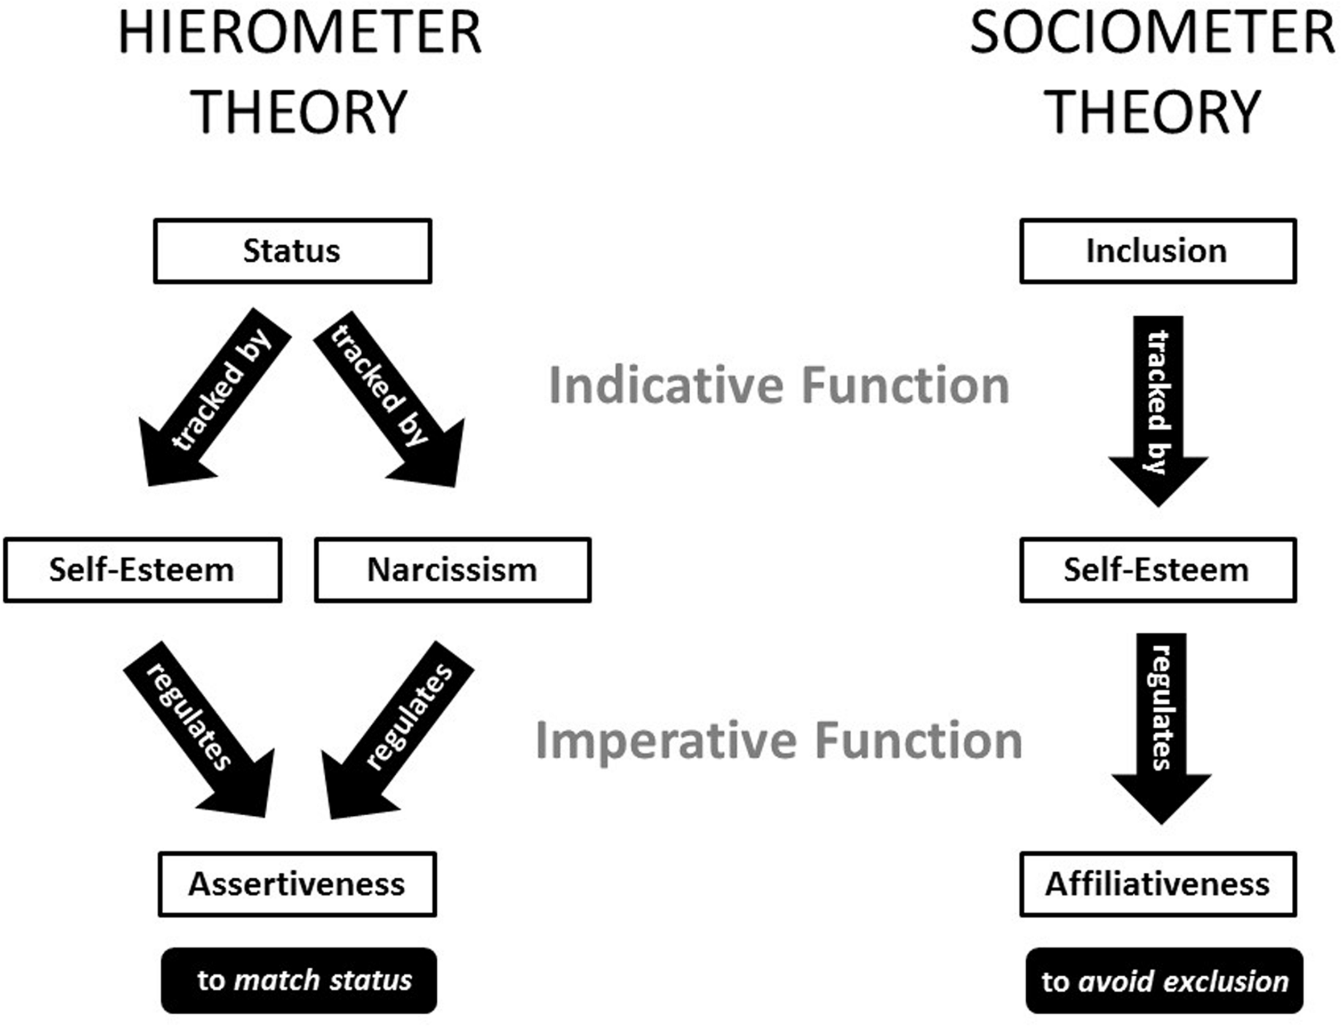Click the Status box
coord(292,251)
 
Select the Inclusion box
coord(1157,251)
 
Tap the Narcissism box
coord(453,570)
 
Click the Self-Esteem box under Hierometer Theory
coord(142,570)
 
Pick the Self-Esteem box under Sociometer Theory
coord(1157,570)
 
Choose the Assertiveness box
coord(297,884)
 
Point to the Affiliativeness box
coord(1157,884)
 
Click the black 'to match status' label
coord(299,980)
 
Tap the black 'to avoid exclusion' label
coord(1164,981)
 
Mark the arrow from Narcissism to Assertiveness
coord(397,728)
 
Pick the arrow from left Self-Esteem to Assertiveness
coord(202,728)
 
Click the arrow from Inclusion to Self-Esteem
coord(1158,404)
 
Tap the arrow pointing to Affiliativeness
coord(1160,722)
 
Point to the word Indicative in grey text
coord(666,386)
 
